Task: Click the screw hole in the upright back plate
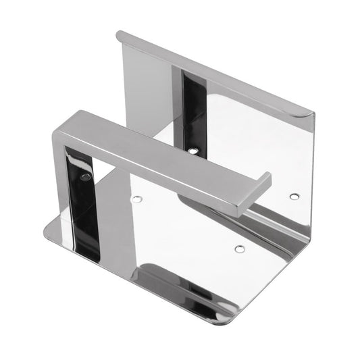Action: coord(194,150)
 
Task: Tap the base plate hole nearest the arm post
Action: coord(136,199)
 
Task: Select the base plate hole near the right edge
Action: coord(294,197)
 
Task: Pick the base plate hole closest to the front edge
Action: coord(239,249)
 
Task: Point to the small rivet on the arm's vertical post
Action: coord(85,178)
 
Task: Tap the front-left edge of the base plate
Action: coord(128,274)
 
